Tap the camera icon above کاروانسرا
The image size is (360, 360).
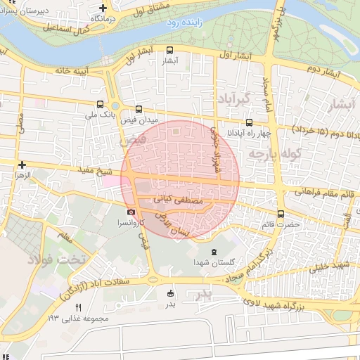(x=131, y=212)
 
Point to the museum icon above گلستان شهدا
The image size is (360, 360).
(x=214, y=252)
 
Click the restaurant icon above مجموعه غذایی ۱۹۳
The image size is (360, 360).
(x=78, y=307)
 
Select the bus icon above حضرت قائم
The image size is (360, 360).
(x=281, y=214)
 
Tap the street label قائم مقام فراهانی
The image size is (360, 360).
(x=323, y=193)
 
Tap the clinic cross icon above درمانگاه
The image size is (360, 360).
(x=103, y=6)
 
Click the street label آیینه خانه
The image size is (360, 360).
(x=55, y=71)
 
